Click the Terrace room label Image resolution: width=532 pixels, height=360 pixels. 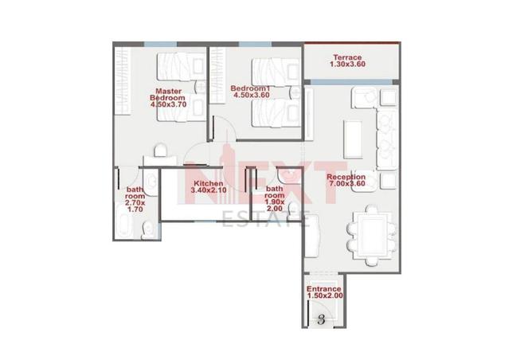[347, 57]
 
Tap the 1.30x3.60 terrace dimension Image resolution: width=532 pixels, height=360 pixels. [347, 64]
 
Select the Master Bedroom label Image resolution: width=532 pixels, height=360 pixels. [168, 94]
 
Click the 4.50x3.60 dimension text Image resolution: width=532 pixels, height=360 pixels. [252, 95]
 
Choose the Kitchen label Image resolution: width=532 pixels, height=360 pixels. [209, 183]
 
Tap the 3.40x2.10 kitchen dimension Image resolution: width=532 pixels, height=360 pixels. [209, 190]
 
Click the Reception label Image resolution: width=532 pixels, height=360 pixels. [346, 177]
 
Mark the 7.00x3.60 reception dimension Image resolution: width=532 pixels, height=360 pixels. [347, 183]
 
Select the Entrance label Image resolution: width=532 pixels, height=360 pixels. [323, 289]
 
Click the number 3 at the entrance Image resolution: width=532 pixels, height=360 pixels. [321, 319]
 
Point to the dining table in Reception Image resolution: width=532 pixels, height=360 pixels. [372, 235]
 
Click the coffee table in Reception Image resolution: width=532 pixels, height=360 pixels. [353, 139]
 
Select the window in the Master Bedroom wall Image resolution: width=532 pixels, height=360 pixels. [160, 44]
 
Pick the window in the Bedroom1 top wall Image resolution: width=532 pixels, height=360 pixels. [255, 44]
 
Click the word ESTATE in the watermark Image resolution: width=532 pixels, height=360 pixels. [266, 219]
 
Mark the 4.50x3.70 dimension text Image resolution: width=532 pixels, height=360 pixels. [168, 104]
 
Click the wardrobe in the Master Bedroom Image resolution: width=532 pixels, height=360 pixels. [123, 80]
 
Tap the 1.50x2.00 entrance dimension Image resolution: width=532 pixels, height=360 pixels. [325, 295]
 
